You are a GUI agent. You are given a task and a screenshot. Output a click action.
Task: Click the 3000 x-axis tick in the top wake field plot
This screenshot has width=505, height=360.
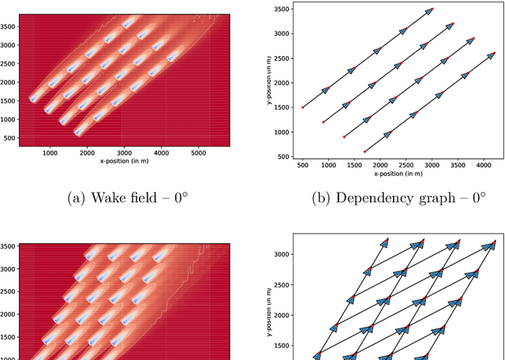124,153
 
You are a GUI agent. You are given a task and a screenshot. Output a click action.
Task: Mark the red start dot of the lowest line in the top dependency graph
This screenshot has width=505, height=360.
365,152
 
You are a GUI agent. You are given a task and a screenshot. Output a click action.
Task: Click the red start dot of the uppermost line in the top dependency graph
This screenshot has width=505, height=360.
303,107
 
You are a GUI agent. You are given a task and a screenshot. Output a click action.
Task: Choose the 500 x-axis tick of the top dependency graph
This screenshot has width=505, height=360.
303,164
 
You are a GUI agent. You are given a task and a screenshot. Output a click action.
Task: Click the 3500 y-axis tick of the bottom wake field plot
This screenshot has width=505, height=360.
9,247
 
